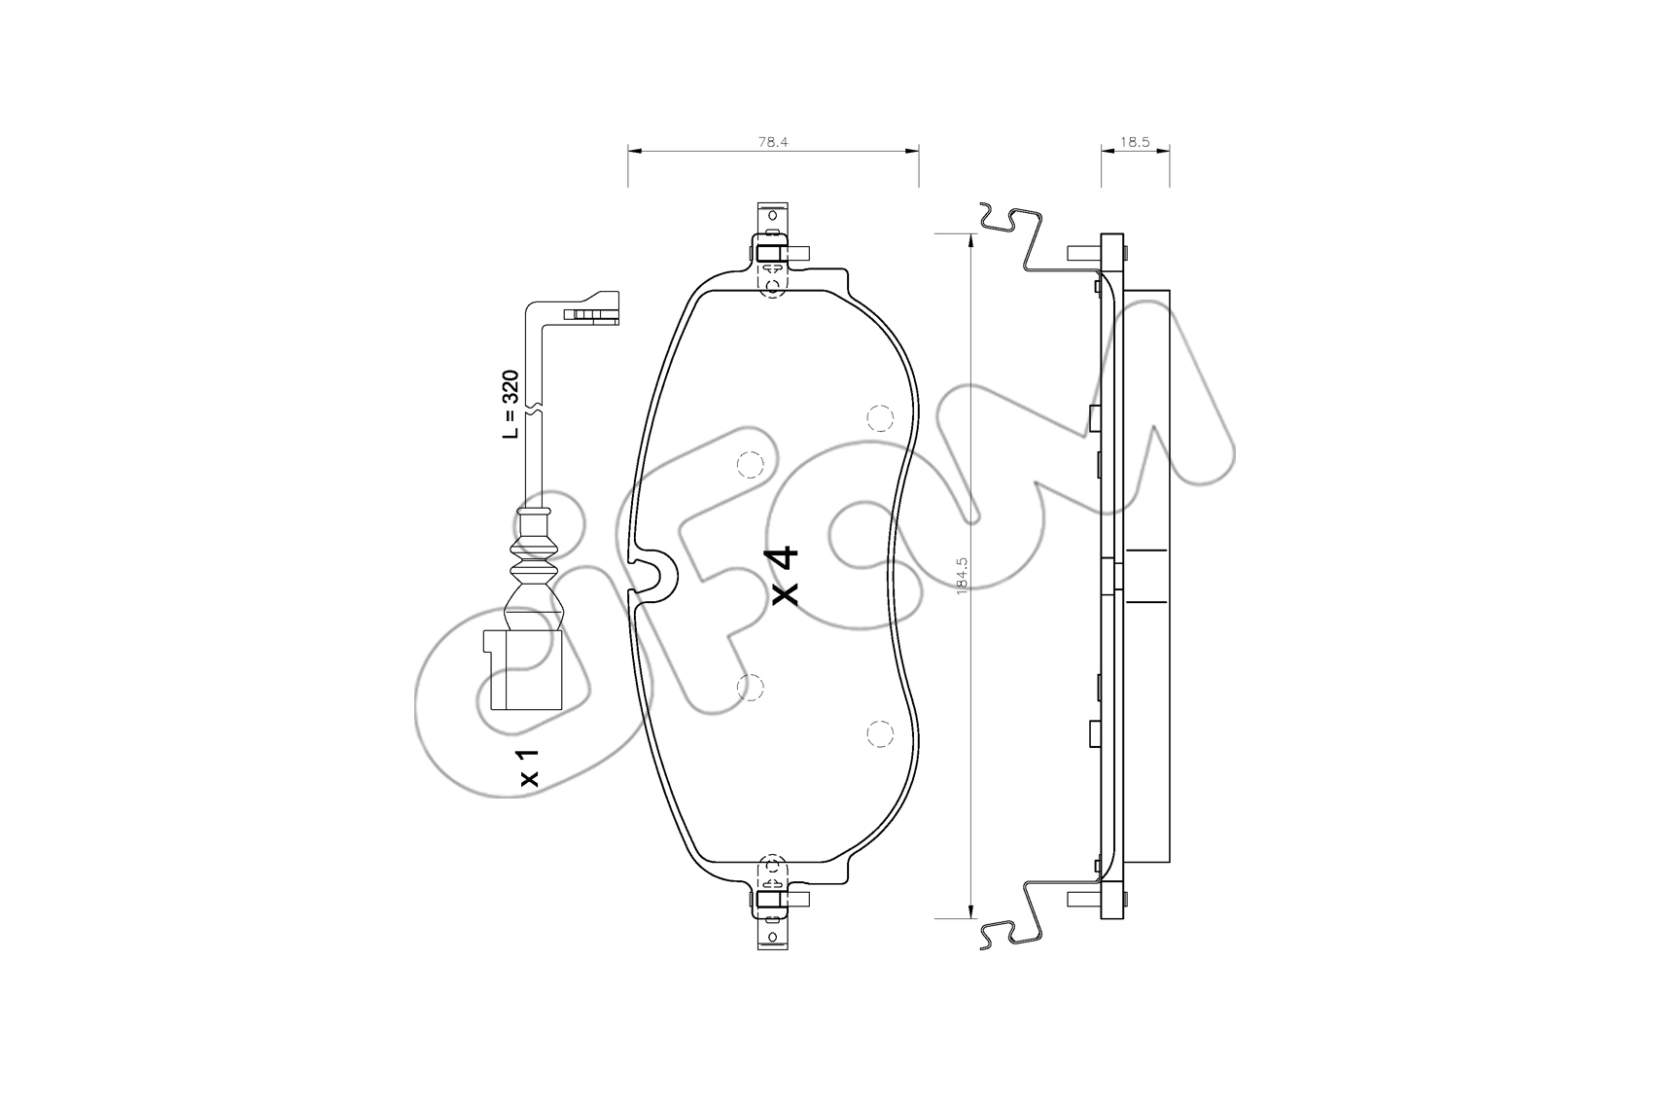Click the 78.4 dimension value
(x=773, y=142)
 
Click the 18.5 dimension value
(x=1135, y=142)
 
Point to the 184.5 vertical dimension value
(x=962, y=576)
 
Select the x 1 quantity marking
(x=529, y=767)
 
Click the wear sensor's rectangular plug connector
(x=522, y=670)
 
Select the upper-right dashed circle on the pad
(x=879, y=419)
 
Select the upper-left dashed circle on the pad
(x=751, y=465)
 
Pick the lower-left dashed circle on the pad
(x=751, y=688)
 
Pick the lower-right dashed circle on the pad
(x=879, y=733)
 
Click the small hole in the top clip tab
(x=773, y=216)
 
